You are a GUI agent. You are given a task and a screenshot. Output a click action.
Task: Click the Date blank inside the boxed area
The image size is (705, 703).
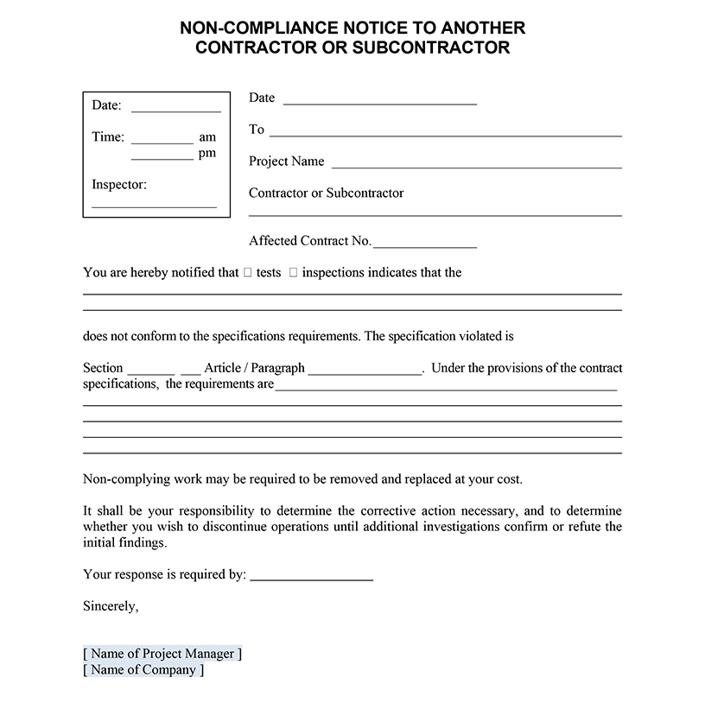(x=175, y=111)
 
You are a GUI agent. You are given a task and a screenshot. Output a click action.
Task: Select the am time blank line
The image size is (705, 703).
(x=162, y=142)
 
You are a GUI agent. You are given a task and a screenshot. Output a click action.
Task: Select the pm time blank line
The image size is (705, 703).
(x=162, y=158)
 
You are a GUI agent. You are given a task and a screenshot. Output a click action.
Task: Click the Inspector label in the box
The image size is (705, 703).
(x=118, y=184)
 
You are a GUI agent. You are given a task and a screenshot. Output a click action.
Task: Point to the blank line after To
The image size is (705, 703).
(x=445, y=135)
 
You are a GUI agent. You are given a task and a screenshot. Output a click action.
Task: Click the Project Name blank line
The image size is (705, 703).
(x=476, y=166)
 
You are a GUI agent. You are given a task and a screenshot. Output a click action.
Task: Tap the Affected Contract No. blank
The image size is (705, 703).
(x=425, y=246)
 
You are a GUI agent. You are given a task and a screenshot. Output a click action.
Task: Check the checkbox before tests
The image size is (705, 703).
(x=248, y=273)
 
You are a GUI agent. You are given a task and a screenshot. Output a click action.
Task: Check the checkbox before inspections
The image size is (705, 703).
(x=294, y=273)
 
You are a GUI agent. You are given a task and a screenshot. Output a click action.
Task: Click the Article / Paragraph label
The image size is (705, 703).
(x=254, y=368)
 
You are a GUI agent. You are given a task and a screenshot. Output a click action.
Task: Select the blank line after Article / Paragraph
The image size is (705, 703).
(x=365, y=372)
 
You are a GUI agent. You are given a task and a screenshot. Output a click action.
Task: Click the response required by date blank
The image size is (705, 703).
(x=311, y=578)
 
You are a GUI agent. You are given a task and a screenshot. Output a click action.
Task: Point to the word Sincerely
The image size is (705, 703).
(x=111, y=606)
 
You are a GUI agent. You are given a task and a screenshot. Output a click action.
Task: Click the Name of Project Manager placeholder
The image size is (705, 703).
(x=162, y=654)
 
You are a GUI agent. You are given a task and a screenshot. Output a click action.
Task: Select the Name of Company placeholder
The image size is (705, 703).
(x=143, y=669)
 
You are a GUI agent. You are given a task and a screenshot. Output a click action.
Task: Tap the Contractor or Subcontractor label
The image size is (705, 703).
(x=326, y=193)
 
